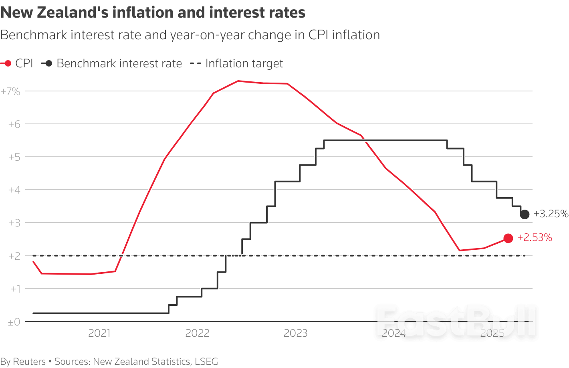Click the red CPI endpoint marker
tap(508, 238)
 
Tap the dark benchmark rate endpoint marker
tap(525, 214)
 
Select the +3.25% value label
tap(551, 214)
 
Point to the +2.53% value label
tap(535, 238)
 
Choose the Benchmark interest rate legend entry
tap(112, 63)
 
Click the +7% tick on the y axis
tap(10, 91)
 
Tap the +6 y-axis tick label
tap(14, 124)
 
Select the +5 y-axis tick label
tap(14, 157)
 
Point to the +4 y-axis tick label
tap(14, 190)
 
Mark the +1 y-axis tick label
tap(15, 289)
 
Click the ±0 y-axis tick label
tap(14, 322)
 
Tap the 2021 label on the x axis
tap(99, 333)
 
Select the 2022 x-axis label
tap(197, 333)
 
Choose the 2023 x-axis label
tap(295, 333)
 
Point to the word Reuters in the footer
tap(29, 362)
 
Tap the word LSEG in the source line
tap(206, 362)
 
